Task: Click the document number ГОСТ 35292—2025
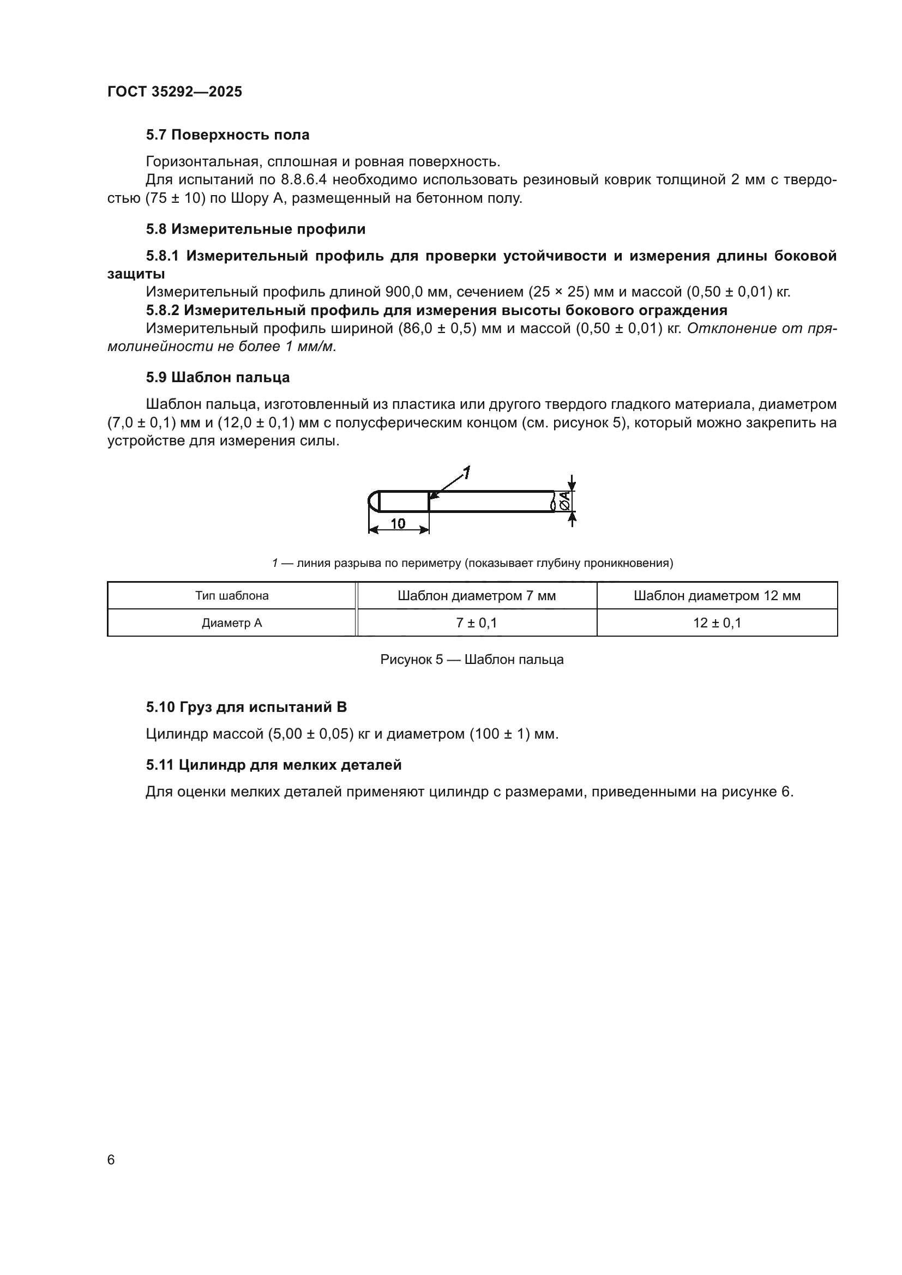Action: click(x=175, y=92)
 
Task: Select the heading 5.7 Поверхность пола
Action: click(x=228, y=135)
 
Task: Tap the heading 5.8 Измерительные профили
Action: click(x=255, y=229)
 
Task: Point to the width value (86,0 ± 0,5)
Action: click(x=437, y=328)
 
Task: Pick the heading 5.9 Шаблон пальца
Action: click(x=218, y=377)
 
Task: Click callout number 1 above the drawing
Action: click(x=467, y=473)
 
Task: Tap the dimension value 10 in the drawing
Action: click(x=398, y=523)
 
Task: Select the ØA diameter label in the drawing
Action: click(x=564, y=501)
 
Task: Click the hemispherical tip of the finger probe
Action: click(x=373, y=501)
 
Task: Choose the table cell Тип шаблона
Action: click(x=232, y=596)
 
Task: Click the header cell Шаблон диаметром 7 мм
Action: click(x=477, y=596)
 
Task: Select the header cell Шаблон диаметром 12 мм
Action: click(x=717, y=596)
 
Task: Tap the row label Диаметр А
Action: click(x=232, y=623)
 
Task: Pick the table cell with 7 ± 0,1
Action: click(x=477, y=623)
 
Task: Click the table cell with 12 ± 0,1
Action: click(x=717, y=623)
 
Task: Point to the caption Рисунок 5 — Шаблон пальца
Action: click(x=472, y=660)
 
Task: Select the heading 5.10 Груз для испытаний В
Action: click(x=246, y=707)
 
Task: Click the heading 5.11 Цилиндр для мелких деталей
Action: click(x=273, y=765)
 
